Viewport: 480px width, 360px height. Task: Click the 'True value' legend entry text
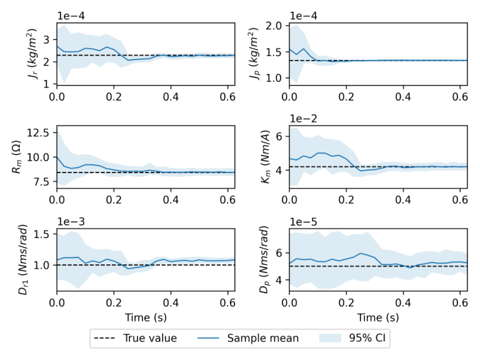150,338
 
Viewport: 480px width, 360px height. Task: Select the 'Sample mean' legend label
263,338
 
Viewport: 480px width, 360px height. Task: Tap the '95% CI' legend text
367,338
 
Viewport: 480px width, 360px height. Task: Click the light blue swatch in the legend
330,338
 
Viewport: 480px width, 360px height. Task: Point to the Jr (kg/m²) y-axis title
32,54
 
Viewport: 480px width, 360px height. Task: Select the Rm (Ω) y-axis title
16,157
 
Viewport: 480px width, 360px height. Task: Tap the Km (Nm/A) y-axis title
266,157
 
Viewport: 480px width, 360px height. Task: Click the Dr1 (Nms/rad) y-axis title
23,260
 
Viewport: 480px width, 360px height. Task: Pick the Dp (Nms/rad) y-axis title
264,260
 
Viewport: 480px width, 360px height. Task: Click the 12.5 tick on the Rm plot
37,133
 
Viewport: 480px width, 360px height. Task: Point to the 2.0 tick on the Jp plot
274,26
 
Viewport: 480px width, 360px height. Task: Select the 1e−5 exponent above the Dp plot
303,222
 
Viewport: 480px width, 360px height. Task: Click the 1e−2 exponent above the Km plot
303,119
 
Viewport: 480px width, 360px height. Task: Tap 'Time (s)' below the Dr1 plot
146,317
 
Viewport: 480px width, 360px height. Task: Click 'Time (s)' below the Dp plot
378,317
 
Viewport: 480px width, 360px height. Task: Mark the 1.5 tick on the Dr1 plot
41,234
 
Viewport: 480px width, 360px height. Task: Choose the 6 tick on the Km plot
279,136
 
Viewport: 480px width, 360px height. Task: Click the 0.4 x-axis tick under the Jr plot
171,97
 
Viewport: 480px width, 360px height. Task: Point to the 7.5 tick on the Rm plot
41,182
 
